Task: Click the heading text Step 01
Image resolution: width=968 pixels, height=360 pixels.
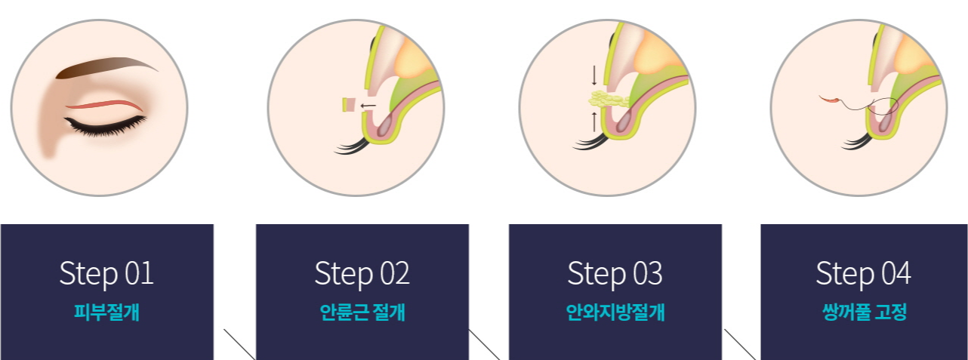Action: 106,273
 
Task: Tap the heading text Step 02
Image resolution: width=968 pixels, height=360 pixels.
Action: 362,273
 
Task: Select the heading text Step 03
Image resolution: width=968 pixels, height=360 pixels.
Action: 615,273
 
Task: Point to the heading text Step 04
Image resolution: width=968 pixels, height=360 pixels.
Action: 863,273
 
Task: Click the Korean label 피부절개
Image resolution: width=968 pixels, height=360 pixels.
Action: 106,312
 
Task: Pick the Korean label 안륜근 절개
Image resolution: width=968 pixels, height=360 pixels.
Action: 362,312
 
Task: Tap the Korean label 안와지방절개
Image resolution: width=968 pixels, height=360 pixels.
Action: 615,312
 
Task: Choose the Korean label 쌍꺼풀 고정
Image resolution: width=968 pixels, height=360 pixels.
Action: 863,312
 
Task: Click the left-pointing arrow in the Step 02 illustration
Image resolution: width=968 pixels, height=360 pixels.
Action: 368,106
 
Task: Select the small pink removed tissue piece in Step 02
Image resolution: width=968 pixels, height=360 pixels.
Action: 349,105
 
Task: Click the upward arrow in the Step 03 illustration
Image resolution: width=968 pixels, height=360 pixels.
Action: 594,121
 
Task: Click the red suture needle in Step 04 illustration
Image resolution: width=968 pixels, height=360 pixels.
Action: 830,98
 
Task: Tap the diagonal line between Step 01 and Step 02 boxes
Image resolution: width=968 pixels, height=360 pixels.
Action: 239,344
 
